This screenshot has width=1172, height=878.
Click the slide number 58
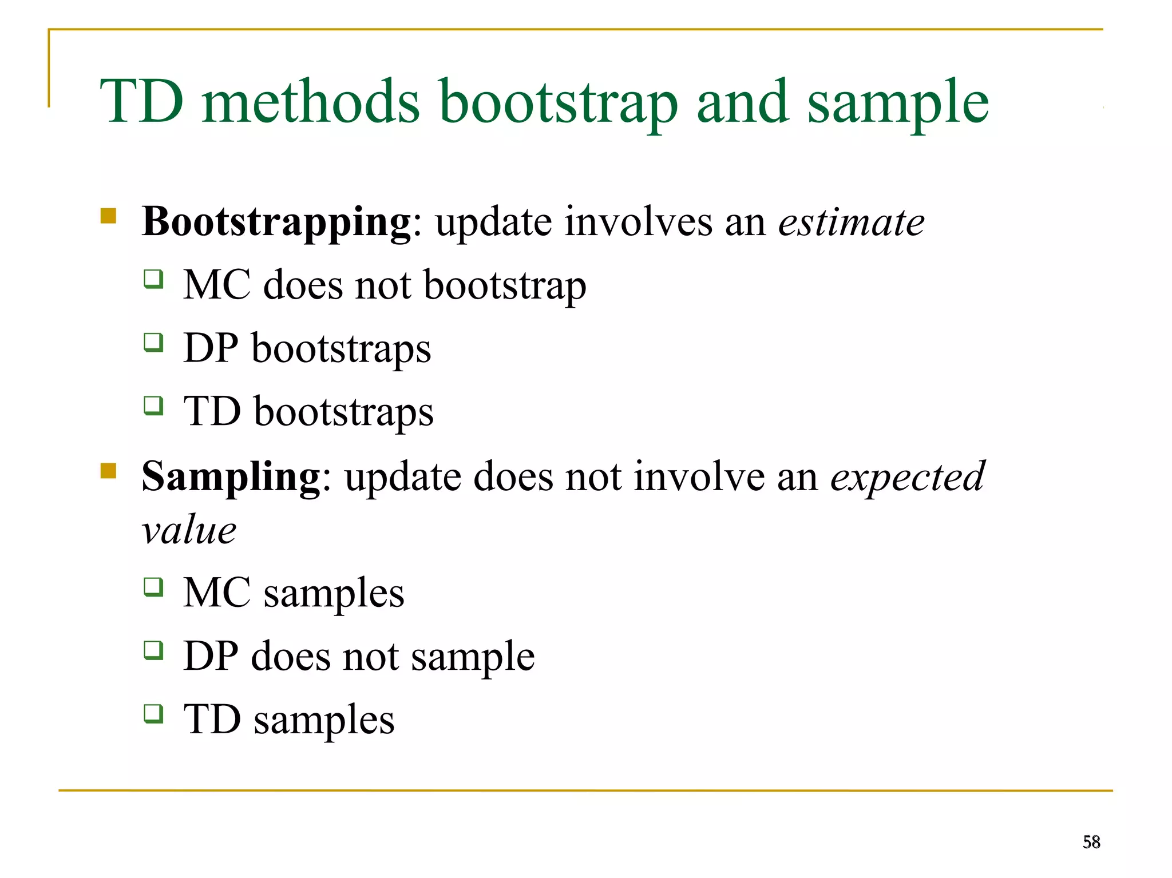(x=1091, y=842)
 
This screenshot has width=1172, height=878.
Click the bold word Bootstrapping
(x=276, y=222)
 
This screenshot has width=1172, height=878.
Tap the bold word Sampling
(x=231, y=476)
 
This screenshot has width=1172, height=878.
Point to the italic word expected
(x=908, y=476)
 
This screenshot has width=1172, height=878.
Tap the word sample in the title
(x=898, y=103)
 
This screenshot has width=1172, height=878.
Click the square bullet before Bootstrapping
(x=108, y=216)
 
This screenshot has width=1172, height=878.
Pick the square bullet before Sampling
(x=108, y=471)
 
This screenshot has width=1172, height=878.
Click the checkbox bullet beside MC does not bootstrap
(x=153, y=279)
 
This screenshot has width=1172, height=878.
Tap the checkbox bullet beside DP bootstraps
(x=153, y=343)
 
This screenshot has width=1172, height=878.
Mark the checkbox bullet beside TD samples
(x=153, y=713)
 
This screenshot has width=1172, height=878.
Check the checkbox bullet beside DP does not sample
(x=153, y=650)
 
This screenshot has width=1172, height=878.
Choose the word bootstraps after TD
(x=343, y=412)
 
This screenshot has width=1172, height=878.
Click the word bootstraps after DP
(x=341, y=348)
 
